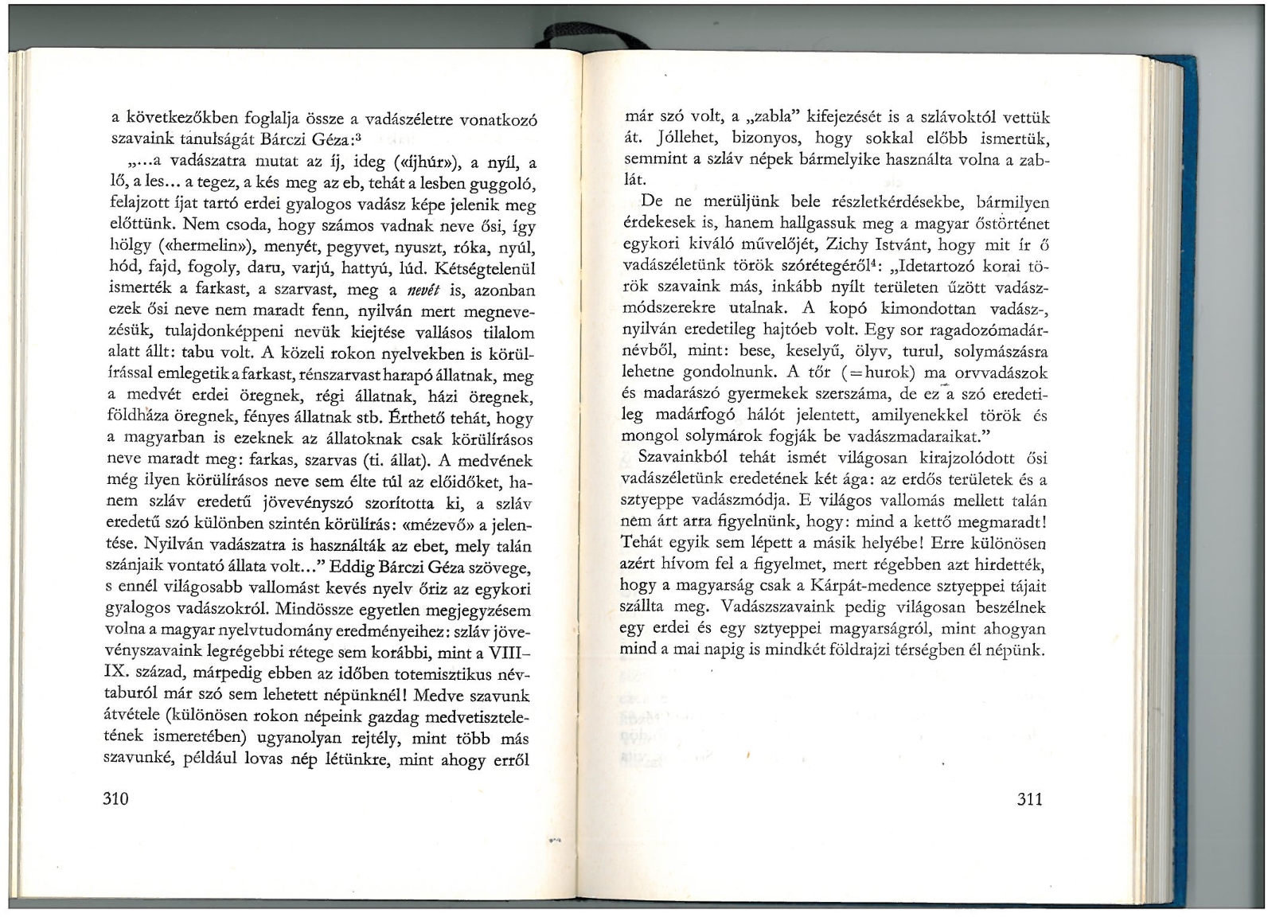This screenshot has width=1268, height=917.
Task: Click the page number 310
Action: [116, 798]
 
